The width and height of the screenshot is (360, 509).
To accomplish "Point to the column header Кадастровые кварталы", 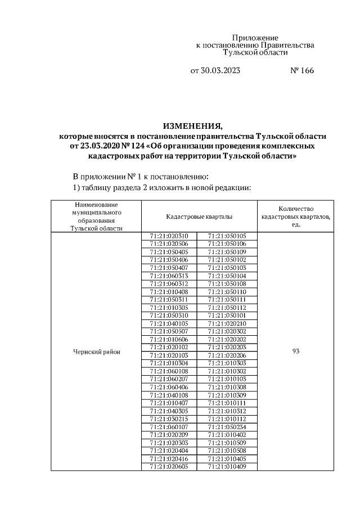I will pos(199,217).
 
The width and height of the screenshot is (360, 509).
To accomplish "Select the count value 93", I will pos(295,352).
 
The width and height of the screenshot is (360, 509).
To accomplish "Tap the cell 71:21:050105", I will pos(227,236).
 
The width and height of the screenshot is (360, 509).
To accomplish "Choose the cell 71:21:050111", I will pos(227,300).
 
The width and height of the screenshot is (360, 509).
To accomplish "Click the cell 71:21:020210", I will pos(227,324).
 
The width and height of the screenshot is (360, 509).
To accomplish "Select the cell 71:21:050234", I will pos(227,427).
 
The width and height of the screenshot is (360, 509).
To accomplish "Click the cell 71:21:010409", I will pos(227,467).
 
